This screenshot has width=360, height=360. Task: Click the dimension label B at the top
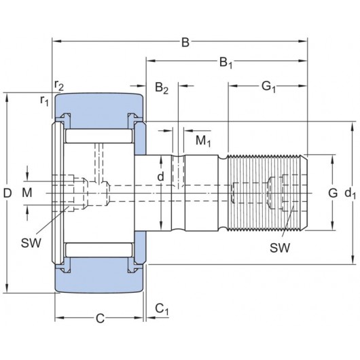[x=184, y=43]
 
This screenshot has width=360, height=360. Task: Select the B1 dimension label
[x=226, y=65]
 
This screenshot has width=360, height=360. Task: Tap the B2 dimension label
[x=161, y=87]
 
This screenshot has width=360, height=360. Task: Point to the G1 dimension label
[x=268, y=87]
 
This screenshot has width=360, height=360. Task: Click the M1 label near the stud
[x=202, y=141]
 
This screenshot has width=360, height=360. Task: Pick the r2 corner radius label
[x=60, y=84]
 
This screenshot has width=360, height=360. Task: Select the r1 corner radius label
[x=44, y=101]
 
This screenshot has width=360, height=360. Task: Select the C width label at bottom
[x=99, y=317]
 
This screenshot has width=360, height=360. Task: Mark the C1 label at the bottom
[x=161, y=310]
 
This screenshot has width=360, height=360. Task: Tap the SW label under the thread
[x=280, y=248]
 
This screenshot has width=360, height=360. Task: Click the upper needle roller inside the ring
[x=98, y=136]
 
